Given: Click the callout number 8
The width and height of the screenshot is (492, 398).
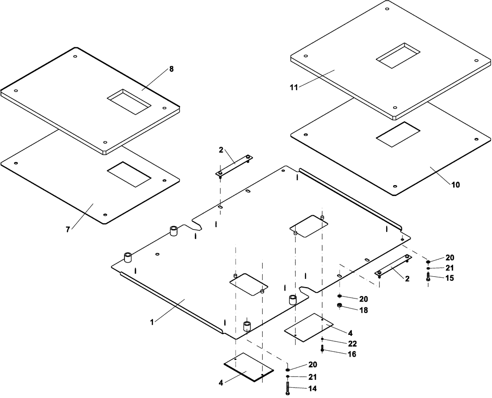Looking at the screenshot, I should point(171,69).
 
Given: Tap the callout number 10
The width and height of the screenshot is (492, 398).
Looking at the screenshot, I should point(456,185).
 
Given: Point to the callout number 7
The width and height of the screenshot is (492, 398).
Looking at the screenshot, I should point(69,229).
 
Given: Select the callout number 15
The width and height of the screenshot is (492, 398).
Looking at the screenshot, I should point(450,278).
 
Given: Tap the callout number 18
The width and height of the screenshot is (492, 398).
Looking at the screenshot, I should point(363,310).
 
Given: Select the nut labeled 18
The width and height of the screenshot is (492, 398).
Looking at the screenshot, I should point(340,307).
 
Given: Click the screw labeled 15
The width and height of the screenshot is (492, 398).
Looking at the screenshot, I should point(429,278).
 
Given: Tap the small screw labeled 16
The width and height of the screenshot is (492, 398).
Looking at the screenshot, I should point(322,349).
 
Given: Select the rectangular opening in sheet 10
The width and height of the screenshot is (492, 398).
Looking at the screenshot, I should point(398,133).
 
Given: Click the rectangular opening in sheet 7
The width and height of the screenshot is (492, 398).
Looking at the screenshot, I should point(129,174).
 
